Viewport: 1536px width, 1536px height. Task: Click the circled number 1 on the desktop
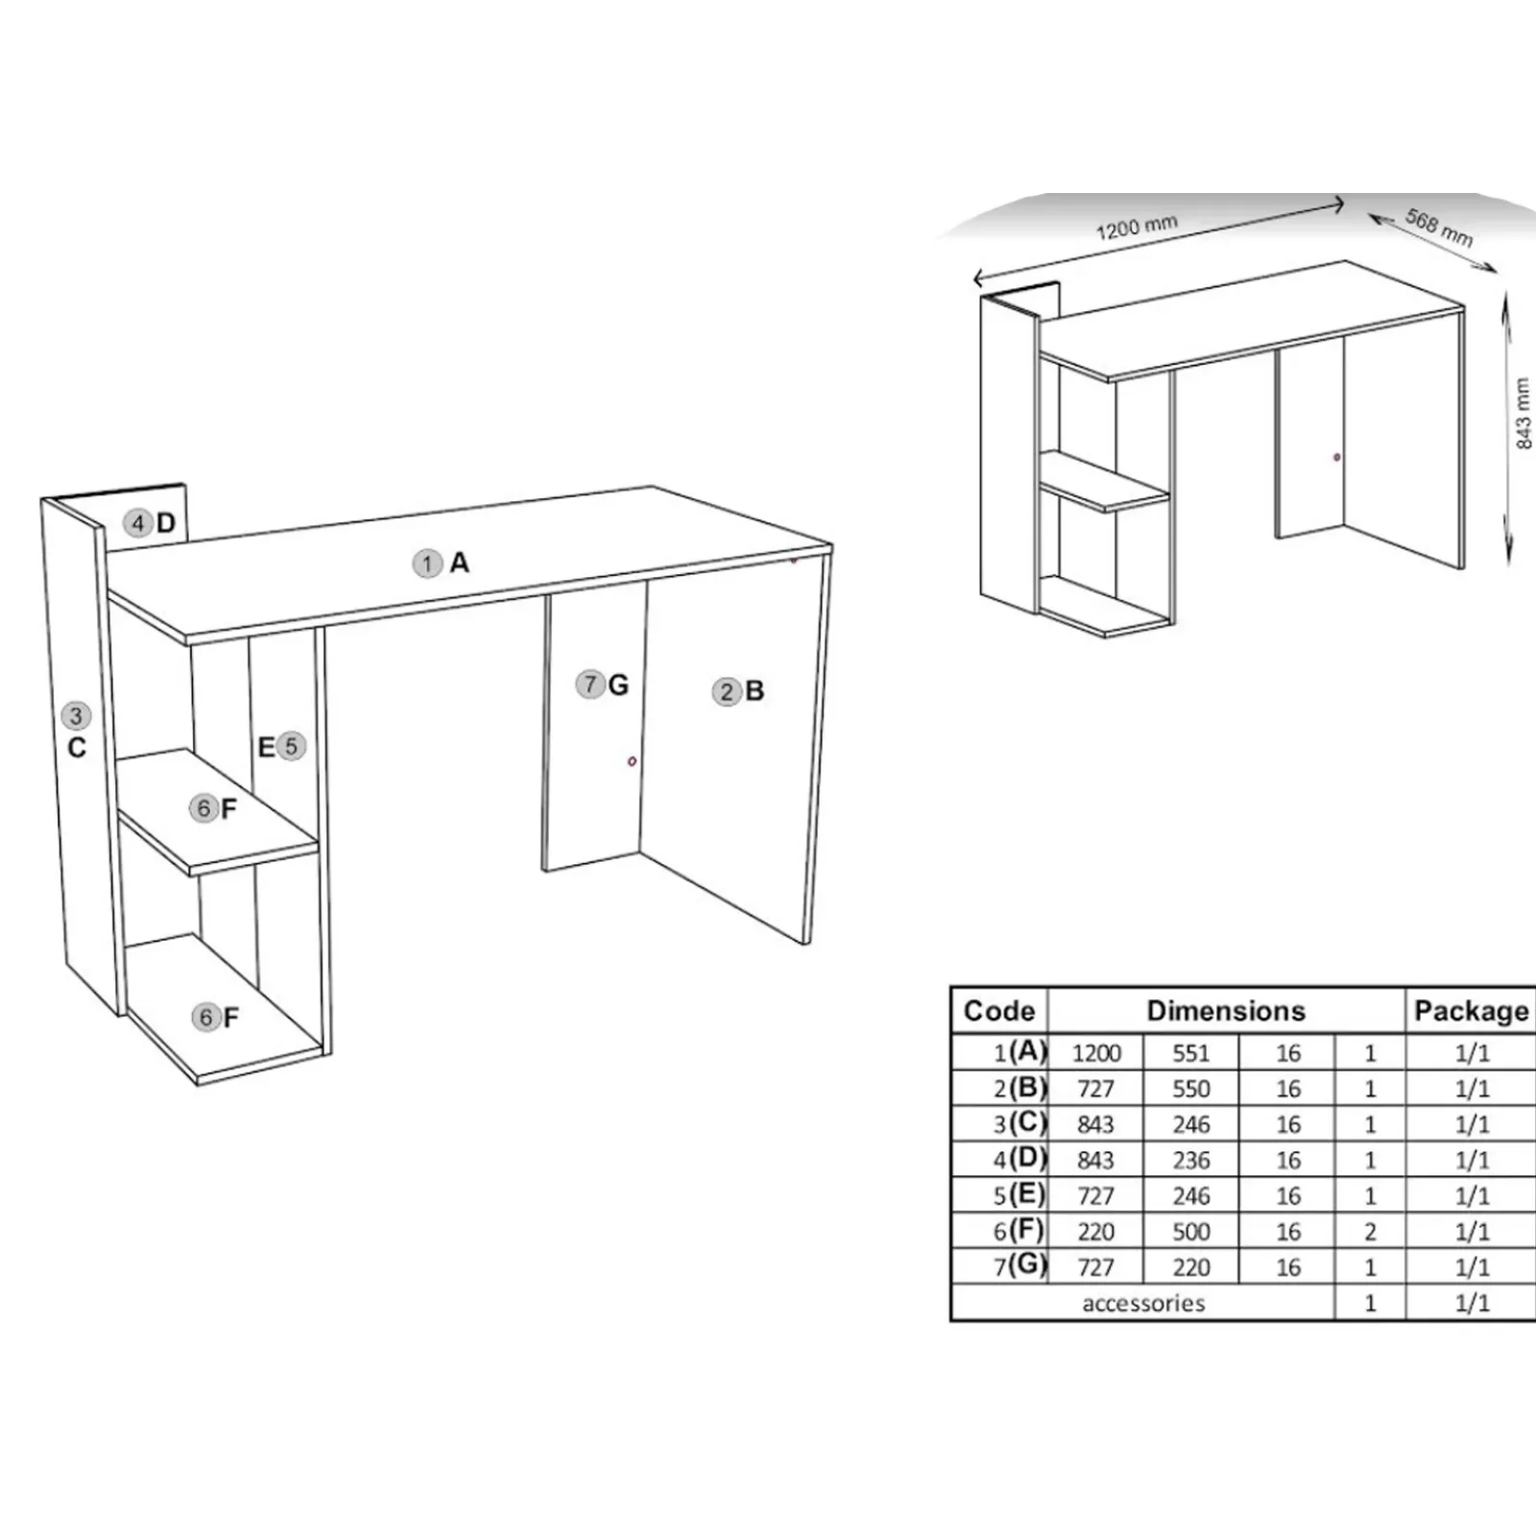427,564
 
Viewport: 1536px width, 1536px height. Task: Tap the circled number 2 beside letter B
727,692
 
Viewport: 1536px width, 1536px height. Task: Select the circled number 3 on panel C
77,715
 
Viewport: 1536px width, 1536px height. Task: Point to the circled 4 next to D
138,523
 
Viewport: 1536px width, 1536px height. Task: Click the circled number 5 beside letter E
292,746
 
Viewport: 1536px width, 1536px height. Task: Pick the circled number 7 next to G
590,684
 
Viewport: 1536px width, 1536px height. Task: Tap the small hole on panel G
632,761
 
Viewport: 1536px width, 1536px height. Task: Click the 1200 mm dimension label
1137,228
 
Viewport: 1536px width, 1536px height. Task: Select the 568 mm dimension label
1439,228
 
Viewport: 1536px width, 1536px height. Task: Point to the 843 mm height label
1523,414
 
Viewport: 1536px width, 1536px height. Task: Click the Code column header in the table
999,1011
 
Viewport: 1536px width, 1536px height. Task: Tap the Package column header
1472,1011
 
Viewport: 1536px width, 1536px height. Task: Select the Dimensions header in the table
1226,1011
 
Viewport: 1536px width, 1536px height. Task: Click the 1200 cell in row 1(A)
1096,1053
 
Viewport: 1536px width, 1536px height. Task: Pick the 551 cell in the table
1191,1053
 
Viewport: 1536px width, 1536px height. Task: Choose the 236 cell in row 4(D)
1191,1161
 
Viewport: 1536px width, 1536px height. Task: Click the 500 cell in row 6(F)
1191,1232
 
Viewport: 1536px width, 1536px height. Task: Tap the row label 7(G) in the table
1020,1266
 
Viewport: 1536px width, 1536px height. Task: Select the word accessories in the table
1143,1304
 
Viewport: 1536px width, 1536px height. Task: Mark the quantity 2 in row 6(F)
1370,1232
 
